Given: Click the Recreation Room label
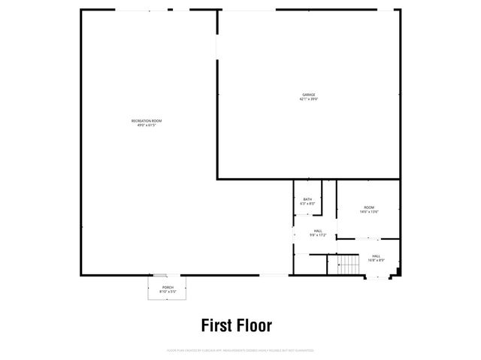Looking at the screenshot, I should tap(147, 121).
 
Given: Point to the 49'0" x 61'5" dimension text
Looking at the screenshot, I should tap(147, 126).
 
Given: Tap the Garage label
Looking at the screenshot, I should tap(309, 94).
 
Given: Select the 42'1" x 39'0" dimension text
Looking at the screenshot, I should tap(309, 98).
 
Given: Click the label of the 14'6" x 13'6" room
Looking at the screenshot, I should tap(369, 207).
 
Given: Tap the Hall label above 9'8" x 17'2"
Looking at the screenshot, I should tap(318, 231).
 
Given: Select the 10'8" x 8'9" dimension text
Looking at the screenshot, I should tap(375, 260).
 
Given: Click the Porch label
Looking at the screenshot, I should tap(168, 287).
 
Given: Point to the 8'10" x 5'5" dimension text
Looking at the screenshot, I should tap(168, 292).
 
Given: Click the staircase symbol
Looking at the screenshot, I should tap(348, 265).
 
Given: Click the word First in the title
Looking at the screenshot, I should tap(215, 325).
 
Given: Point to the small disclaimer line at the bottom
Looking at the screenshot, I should tap(240, 350).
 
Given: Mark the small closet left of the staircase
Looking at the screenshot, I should tap(317, 265).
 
